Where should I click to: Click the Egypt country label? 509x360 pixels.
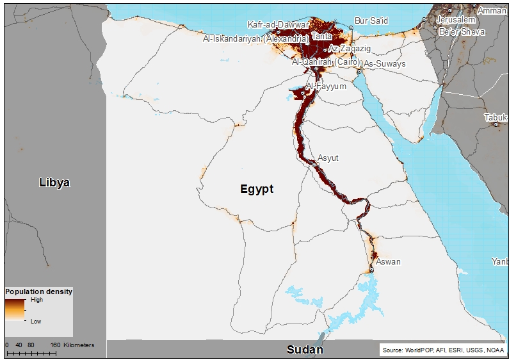pyautogui.click(x=257, y=189)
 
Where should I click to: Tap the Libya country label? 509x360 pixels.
pyautogui.click(x=54, y=183)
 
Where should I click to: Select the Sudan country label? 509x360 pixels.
pyautogui.click(x=305, y=350)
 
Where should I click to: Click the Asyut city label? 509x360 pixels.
pyautogui.click(x=328, y=158)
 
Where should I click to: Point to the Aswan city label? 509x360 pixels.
pyautogui.click(x=388, y=261)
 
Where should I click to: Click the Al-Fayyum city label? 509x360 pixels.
pyautogui.click(x=326, y=86)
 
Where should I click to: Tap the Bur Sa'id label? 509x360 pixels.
pyautogui.click(x=371, y=21)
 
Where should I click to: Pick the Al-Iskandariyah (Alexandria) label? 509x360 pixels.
pyautogui.click(x=255, y=39)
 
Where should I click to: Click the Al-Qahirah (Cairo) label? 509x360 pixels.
pyautogui.click(x=325, y=62)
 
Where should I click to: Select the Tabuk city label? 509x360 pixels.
pyautogui.click(x=496, y=117)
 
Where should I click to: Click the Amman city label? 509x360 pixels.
pyautogui.click(x=492, y=11)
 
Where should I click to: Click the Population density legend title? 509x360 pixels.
pyautogui.click(x=38, y=291)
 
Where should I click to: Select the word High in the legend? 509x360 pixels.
pyautogui.click(x=36, y=300)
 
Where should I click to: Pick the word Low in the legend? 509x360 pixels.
pyautogui.click(x=36, y=322)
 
